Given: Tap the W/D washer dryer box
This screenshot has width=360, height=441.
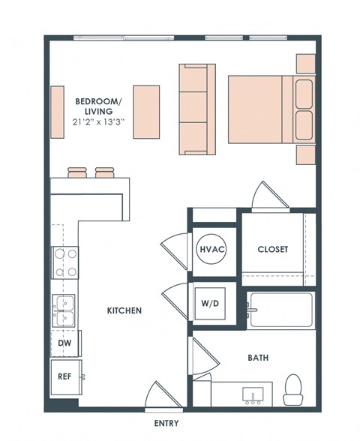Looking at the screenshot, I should pos(211,304).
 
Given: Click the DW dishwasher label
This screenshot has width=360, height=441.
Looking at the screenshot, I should pos(64,343).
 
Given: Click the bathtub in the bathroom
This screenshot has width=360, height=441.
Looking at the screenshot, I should pos(280,310).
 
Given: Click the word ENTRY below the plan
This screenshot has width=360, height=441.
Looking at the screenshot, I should pos(166,424).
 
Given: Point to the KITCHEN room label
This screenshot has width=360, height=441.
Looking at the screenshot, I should pos(124,310).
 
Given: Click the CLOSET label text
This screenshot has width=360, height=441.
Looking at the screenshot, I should pos(272,250).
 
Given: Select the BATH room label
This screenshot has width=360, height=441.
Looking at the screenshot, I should pos(259,358).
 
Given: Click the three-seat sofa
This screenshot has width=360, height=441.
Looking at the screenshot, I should pos(196,108).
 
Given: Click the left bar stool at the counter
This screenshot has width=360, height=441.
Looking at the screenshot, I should pos(78,172).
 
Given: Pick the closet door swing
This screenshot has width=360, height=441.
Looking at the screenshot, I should pos(268,195).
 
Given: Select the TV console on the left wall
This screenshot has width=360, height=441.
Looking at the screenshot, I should pos(57,112).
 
